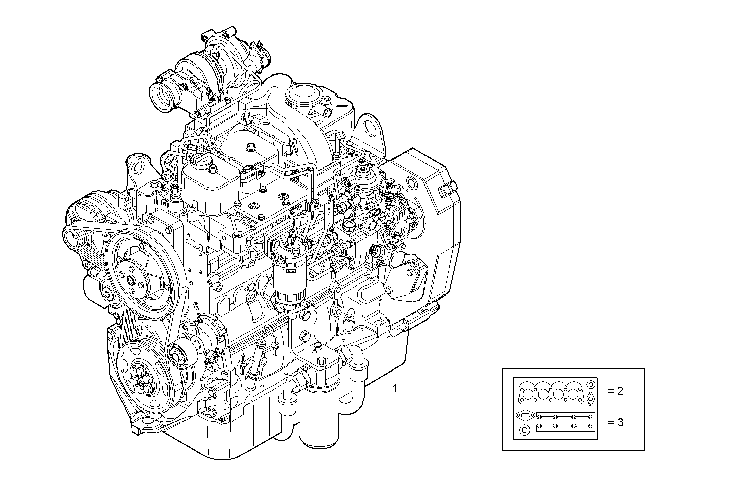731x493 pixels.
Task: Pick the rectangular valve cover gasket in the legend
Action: click(x=565, y=422)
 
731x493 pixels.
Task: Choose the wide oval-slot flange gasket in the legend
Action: click(x=525, y=416)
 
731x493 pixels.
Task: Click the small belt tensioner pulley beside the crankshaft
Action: click(x=180, y=356)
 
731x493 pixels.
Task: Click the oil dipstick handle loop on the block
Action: click(x=268, y=330)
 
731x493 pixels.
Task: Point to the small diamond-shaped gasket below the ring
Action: click(x=590, y=397)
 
